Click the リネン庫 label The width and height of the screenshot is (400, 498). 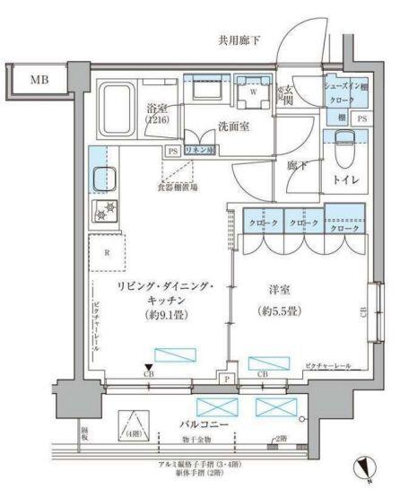[x=198, y=150]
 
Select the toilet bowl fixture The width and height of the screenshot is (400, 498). [x=345, y=146]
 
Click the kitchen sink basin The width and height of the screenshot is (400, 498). [x=104, y=178]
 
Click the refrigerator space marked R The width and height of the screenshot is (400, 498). [x=108, y=252]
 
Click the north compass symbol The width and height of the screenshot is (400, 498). [x=366, y=467]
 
